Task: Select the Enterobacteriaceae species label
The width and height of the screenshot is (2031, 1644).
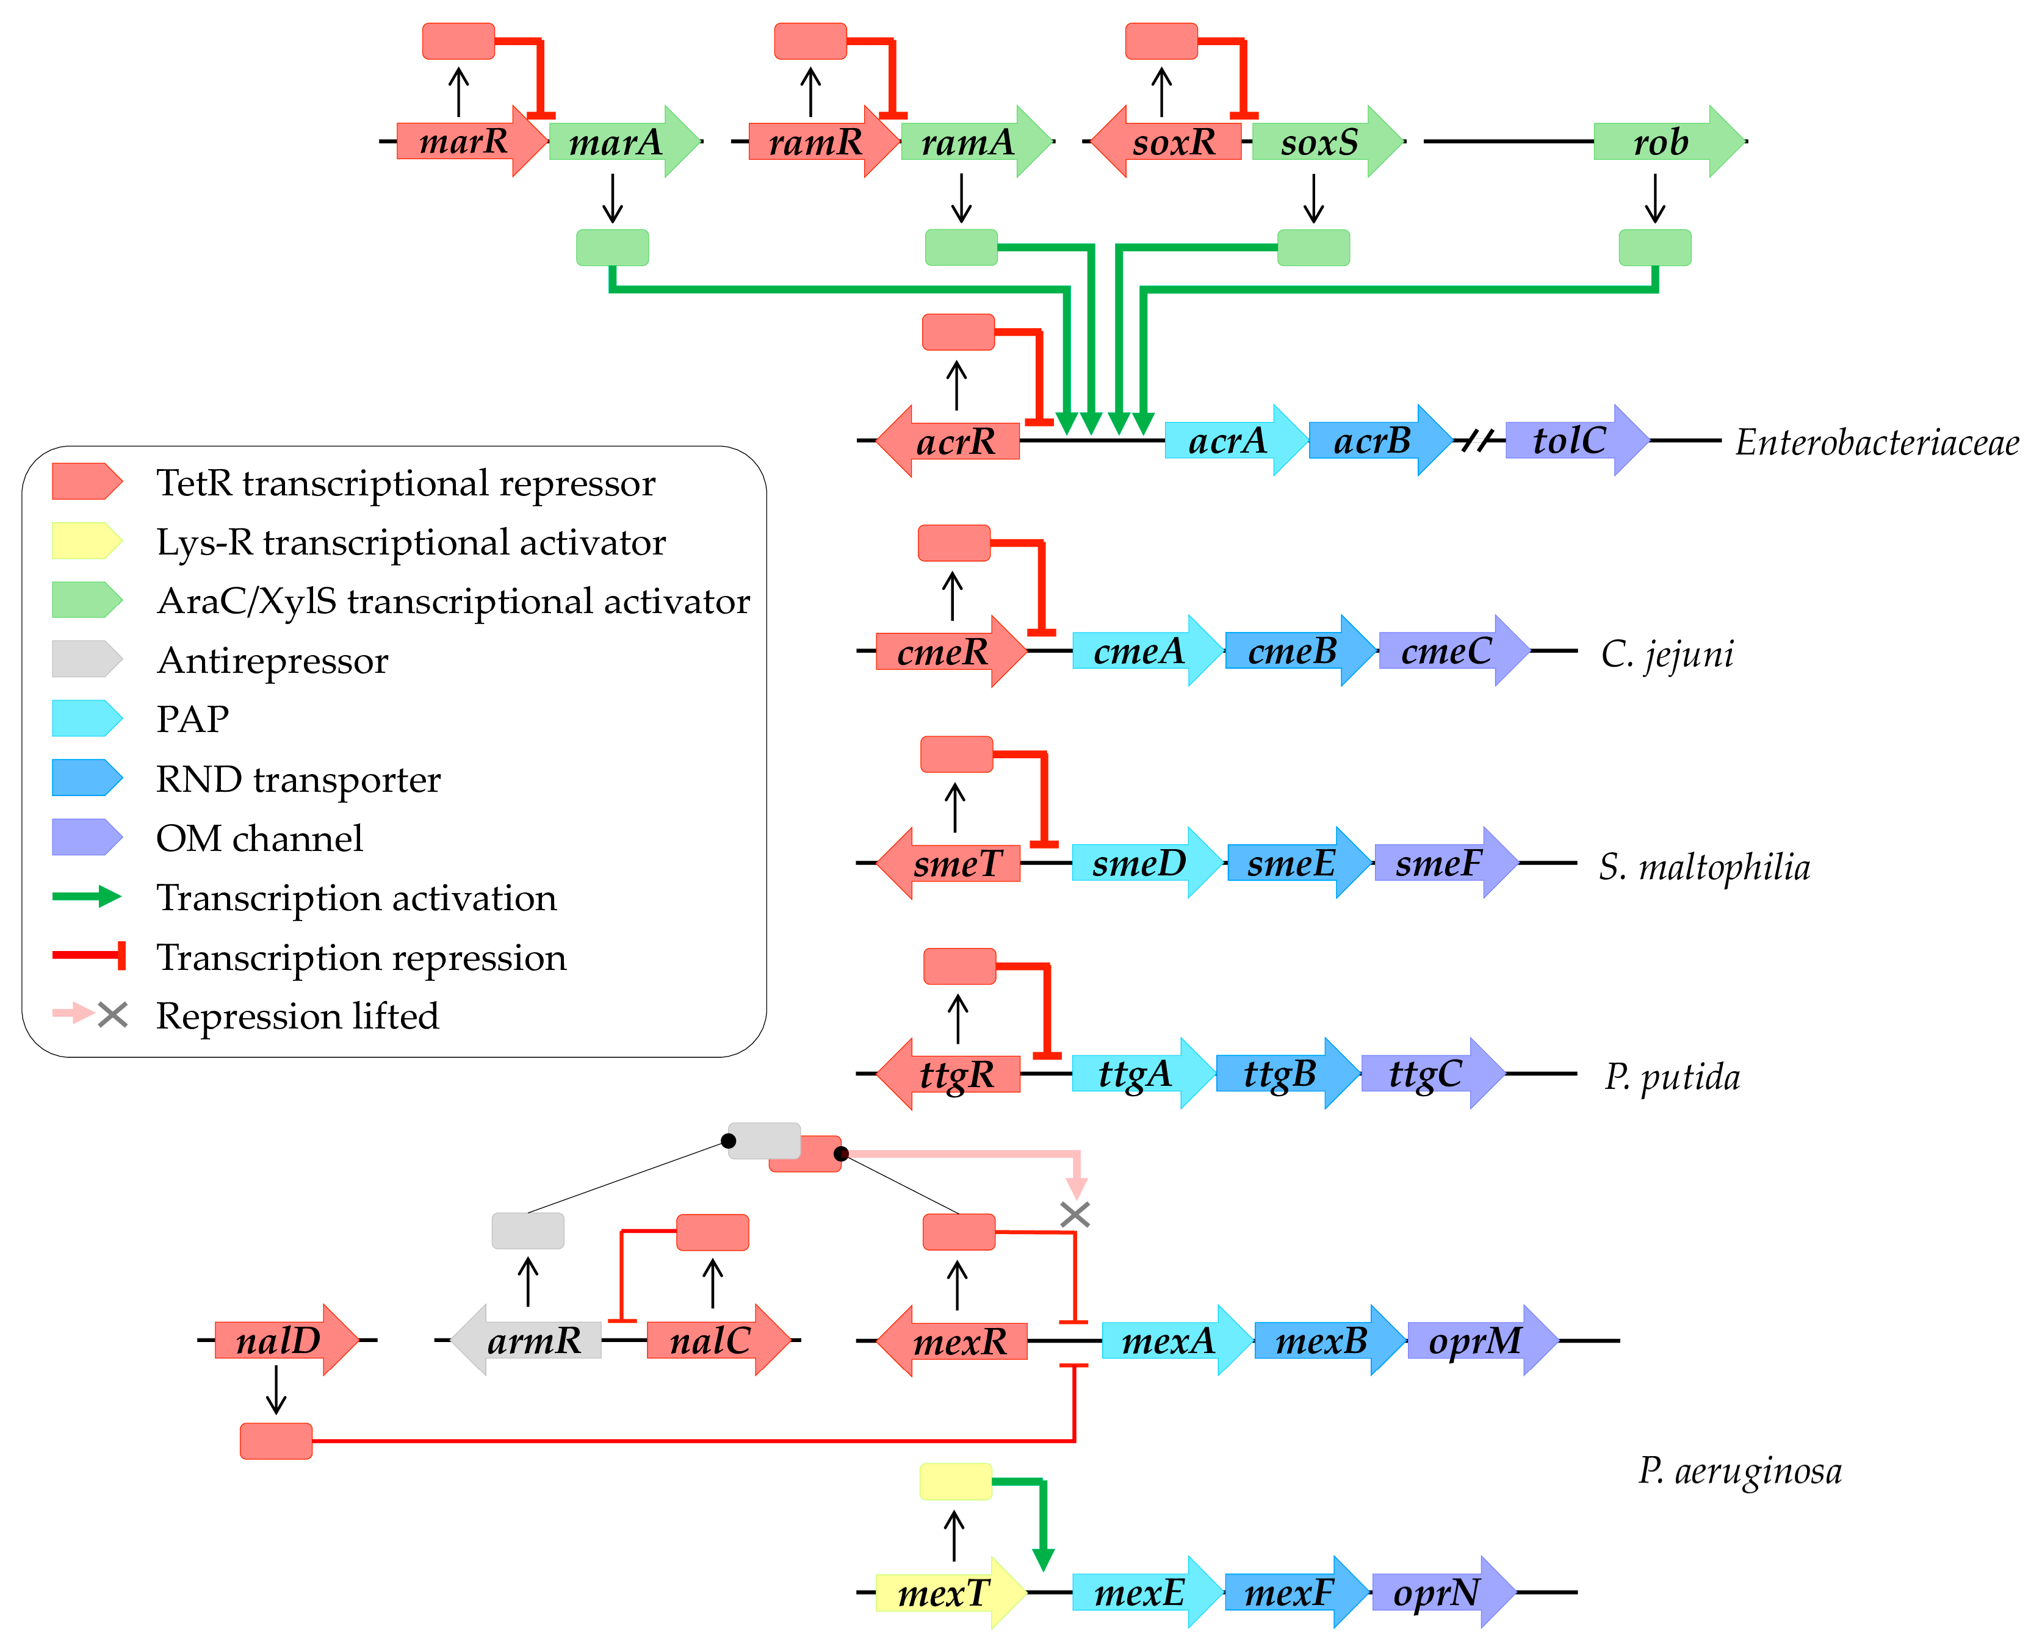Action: (1875, 442)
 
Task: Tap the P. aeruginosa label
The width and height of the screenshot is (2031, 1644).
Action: (1740, 1471)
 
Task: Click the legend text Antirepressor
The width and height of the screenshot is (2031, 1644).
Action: (273, 660)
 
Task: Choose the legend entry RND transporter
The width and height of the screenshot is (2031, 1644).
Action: (298, 778)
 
